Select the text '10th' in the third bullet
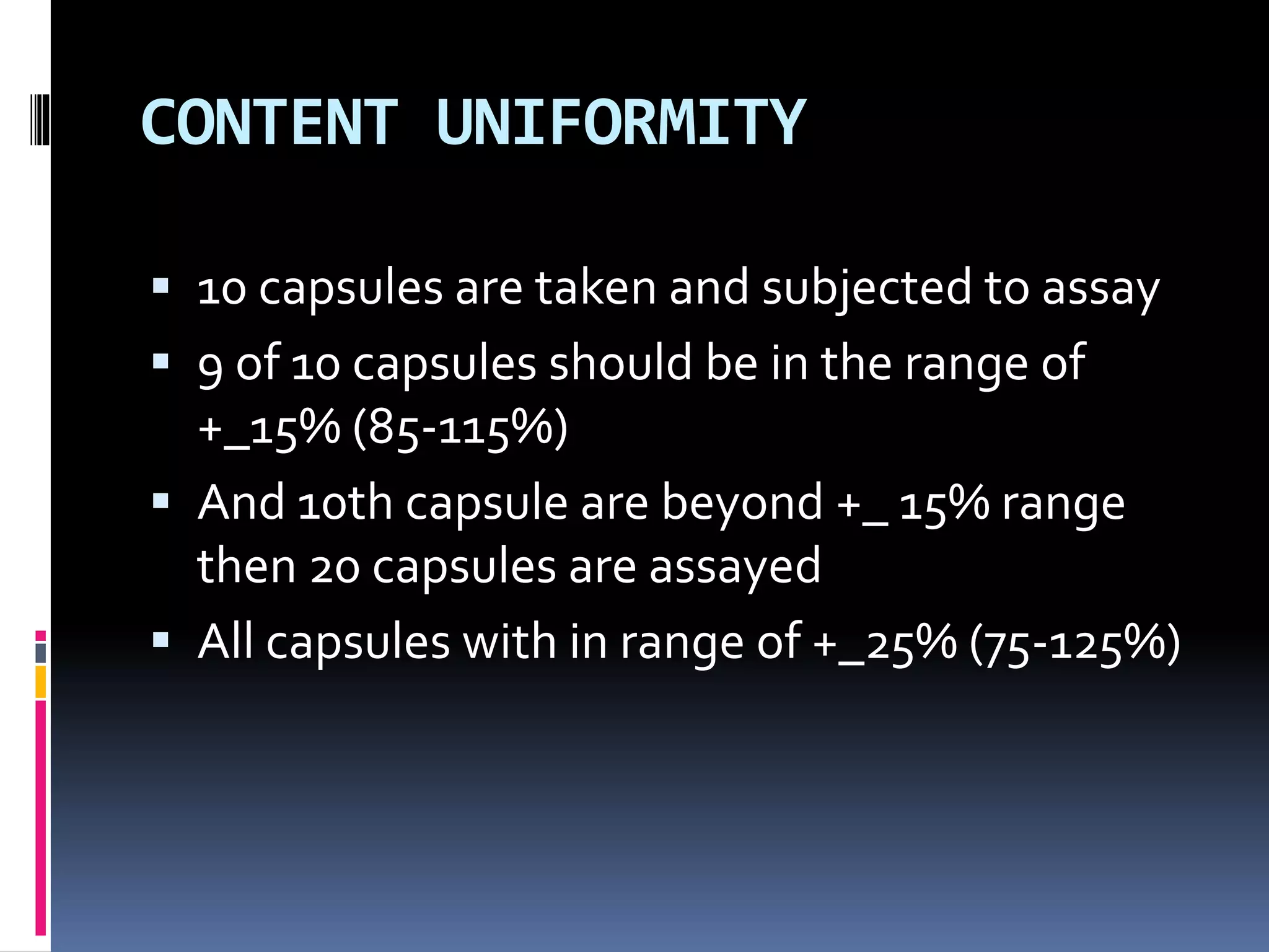click(345, 503)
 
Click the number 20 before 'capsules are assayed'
click(335, 568)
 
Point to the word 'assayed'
click(735, 568)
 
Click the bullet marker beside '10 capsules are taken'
click(160, 286)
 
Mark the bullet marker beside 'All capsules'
click(160, 640)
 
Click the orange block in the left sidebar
click(41, 682)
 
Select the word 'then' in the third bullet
click(246, 566)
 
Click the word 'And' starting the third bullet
click(241, 503)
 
